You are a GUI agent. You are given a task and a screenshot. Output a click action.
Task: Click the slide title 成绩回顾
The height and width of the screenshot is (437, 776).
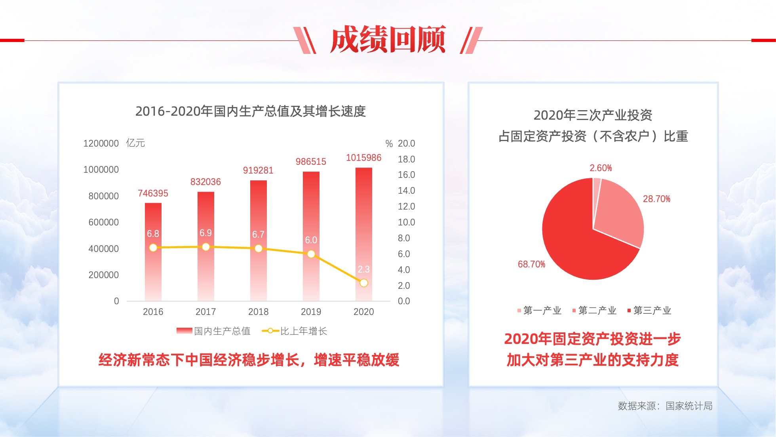click(x=388, y=39)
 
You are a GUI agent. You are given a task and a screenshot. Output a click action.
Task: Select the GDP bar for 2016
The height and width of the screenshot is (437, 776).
click(x=153, y=252)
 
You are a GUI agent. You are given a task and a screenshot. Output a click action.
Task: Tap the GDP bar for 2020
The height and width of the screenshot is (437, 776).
click(x=364, y=234)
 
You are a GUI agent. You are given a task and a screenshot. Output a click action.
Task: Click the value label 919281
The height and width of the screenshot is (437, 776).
click(x=258, y=170)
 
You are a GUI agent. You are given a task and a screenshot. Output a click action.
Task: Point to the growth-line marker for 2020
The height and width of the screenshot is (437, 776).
click(x=364, y=283)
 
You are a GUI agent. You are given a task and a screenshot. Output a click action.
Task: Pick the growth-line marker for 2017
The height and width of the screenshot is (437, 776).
click(x=206, y=247)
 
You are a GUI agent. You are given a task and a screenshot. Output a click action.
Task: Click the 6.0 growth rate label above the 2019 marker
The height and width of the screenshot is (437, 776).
click(x=311, y=240)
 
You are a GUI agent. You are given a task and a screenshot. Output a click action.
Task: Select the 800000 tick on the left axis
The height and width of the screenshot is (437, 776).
click(x=103, y=196)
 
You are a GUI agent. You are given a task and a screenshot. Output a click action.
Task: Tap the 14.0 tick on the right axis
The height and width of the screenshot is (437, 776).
click(x=406, y=191)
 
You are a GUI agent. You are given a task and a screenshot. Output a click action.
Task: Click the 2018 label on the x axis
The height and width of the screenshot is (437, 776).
click(x=258, y=312)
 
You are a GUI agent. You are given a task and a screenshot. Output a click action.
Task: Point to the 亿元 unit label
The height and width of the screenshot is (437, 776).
click(x=135, y=143)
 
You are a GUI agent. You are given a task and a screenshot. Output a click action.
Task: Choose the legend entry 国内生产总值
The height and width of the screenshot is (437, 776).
click(x=213, y=331)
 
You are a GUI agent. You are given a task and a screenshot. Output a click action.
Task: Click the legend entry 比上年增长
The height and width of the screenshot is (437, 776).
click(x=295, y=331)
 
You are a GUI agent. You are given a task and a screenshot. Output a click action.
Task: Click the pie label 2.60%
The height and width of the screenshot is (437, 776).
click(x=601, y=168)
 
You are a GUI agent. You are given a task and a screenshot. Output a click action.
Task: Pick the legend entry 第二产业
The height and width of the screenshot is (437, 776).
click(x=594, y=311)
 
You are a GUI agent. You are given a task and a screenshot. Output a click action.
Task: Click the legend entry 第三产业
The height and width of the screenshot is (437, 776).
click(x=649, y=311)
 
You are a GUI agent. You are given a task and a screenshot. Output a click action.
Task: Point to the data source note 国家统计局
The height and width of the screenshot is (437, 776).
click(x=689, y=406)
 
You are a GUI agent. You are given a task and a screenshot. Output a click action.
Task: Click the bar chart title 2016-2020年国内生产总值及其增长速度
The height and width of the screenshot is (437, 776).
click(x=251, y=111)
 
